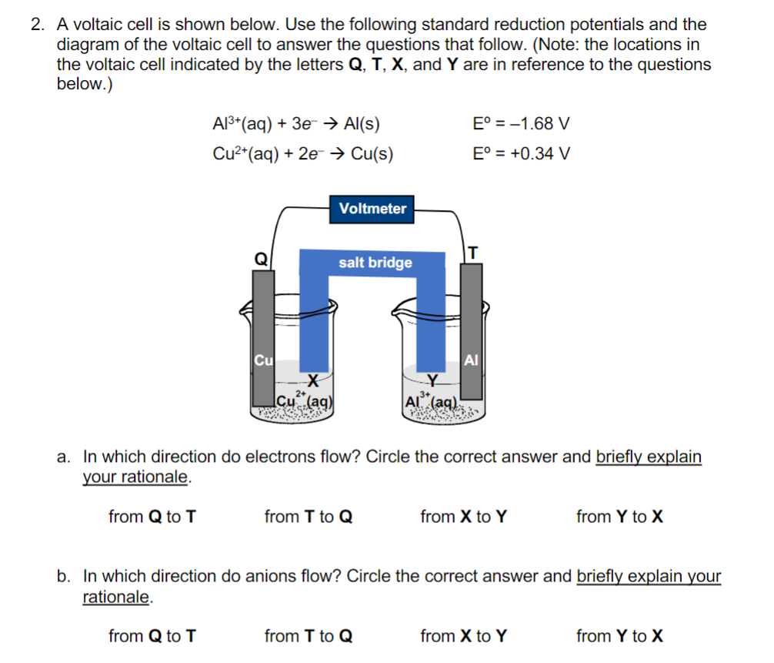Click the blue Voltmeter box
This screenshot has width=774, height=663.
click(x=372, y=209)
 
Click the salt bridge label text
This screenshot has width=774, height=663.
click(x=375, y=263)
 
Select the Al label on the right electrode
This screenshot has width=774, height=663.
click(x=472, y=360)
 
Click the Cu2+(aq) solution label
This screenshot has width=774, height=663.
click(x=304, y=400)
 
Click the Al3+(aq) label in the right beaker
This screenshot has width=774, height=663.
click(x=432, y=401)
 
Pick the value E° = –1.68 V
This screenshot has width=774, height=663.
click(x=522, y=124)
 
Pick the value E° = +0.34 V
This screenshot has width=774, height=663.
click(x=522, y=153)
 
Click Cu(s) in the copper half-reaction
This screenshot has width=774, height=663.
click(x=372, y=153)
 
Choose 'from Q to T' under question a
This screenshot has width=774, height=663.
click(x=152, y=517)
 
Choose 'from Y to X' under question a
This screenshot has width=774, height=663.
click(x=619, y=517)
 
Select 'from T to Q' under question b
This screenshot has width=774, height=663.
click(x=308, y=636)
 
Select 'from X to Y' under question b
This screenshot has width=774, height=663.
click(x=464, y=636)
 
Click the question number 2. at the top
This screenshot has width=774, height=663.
click(x=38, y=26)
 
